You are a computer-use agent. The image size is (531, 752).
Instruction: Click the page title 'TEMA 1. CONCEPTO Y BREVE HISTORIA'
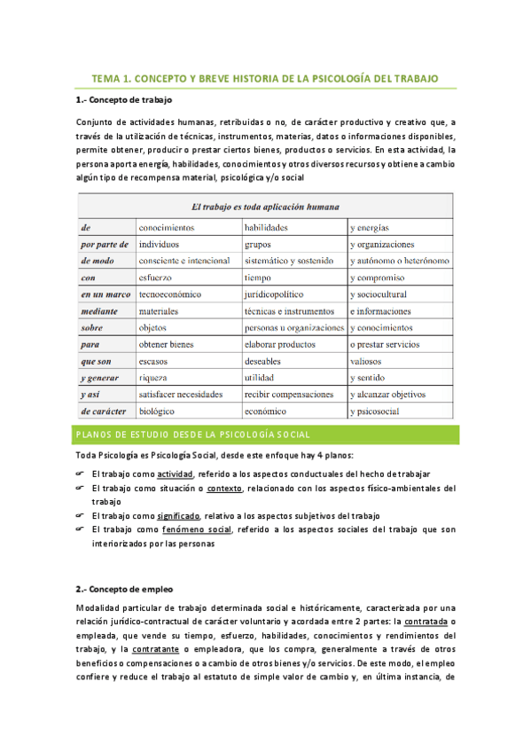click(x=265, y=79)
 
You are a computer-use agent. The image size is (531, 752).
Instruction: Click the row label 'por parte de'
click(x=105, y=244)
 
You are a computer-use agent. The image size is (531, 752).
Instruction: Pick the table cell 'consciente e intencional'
click(x=184, y=261)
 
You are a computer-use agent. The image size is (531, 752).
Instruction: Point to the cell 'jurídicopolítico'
click(x=275, y=294)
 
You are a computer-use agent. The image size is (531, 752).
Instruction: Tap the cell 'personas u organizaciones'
click(x=294, y=327)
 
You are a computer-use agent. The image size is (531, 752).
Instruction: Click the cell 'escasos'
click(x=155, y=361)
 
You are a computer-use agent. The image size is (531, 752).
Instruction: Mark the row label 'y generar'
click(x=99, y=378)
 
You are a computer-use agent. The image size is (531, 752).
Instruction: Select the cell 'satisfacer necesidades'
click(x=181, y=395)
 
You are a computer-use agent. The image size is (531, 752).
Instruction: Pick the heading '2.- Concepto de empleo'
click(x=125, y=589)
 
